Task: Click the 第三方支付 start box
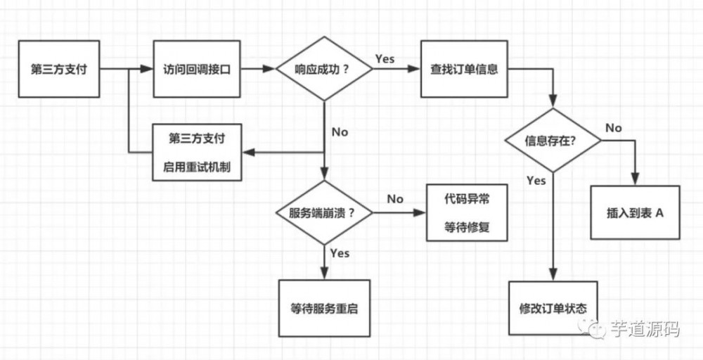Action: (59, 69)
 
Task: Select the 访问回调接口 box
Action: (196, 69)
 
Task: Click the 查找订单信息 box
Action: (464, 69)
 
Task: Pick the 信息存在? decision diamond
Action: (552, 140)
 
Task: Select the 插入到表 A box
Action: (635, 212)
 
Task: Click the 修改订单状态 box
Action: (553, 309)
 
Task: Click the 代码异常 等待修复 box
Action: (467, 213)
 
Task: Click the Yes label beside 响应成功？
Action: (385, 58)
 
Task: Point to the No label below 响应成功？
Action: (340, 131)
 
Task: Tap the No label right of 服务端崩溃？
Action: (395, 199)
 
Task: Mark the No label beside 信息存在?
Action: (614, 128)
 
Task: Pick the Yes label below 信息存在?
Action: (536, 181)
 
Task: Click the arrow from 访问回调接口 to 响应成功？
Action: (257, 69)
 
